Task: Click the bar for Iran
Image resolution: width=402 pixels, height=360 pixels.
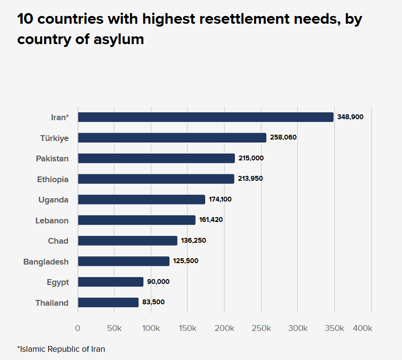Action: tap(205, 117)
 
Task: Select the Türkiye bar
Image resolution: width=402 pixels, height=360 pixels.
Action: tap(172, 138)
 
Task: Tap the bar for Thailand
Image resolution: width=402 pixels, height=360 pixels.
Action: tap(108, 302)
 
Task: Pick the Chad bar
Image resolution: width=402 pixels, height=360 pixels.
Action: tap(127, 241)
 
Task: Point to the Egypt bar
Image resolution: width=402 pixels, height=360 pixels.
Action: tap(110, 282)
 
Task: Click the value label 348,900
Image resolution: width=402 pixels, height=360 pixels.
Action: tap(350, 117)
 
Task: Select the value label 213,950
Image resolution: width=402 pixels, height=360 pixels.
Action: tap(250, 179)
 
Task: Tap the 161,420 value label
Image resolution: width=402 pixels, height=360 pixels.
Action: tap(211, 220)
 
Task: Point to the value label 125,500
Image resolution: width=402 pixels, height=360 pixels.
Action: tap(186, 261)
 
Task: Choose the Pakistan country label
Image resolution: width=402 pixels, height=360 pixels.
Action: tap(52, 158)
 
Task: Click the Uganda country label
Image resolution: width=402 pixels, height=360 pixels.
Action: tap(53, 200)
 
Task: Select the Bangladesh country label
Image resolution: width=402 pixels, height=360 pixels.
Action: tap(46, 262)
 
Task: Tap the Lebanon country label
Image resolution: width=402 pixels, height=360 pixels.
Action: tap(52, 220)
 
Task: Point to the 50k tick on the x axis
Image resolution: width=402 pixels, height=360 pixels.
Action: tap(114, 328)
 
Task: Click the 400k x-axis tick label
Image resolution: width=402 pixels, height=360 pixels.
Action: tap(362, 328)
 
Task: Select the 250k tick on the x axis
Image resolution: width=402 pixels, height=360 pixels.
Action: tap(261, 328)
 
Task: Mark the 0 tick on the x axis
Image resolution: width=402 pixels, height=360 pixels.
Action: tap(77, 328)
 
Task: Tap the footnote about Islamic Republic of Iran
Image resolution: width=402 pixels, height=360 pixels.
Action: tap(61, 349)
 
